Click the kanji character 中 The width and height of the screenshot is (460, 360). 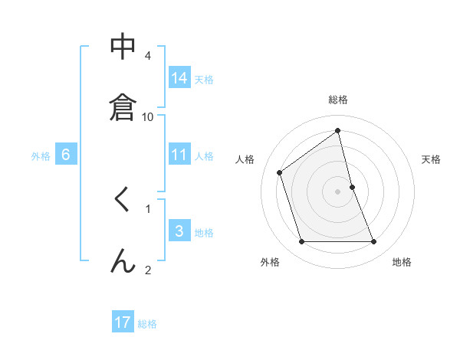pos(123,47)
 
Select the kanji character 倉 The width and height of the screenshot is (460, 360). pos(123,106)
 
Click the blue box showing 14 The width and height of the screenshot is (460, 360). pos(179,78)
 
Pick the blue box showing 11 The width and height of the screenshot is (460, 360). pos(179,155)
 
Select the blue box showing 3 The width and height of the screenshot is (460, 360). pos(179,231)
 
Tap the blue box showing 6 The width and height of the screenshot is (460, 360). pos(66,155)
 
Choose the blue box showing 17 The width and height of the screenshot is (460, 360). pos(123,322)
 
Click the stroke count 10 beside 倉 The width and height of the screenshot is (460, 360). pos(148,116)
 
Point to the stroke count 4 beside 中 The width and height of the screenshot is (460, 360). pos(148,56)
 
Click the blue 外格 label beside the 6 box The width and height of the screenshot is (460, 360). pos(41,156)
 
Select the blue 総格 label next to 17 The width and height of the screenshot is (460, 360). pos(147,324)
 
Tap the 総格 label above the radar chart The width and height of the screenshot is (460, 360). pos(338,100)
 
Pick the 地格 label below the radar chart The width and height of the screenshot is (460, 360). pos(402,262)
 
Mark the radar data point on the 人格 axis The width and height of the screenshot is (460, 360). pos(280,172)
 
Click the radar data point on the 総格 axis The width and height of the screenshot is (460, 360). pos(338,130)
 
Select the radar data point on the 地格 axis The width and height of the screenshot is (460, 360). pos(374,242)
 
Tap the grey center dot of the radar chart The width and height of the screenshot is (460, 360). pos(338,191)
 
